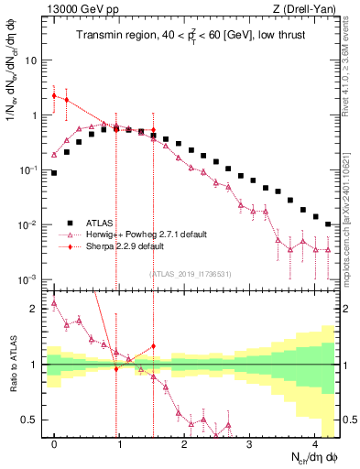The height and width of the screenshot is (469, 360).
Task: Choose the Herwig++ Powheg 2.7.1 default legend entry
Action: click(x=136, y=234)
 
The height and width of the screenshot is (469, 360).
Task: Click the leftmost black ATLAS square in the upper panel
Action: click(x=54, y=172)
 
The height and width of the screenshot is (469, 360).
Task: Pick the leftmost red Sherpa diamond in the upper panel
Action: click(x=54, y=95)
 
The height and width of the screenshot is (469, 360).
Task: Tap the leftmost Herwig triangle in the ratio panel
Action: click(x=54, y=303)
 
